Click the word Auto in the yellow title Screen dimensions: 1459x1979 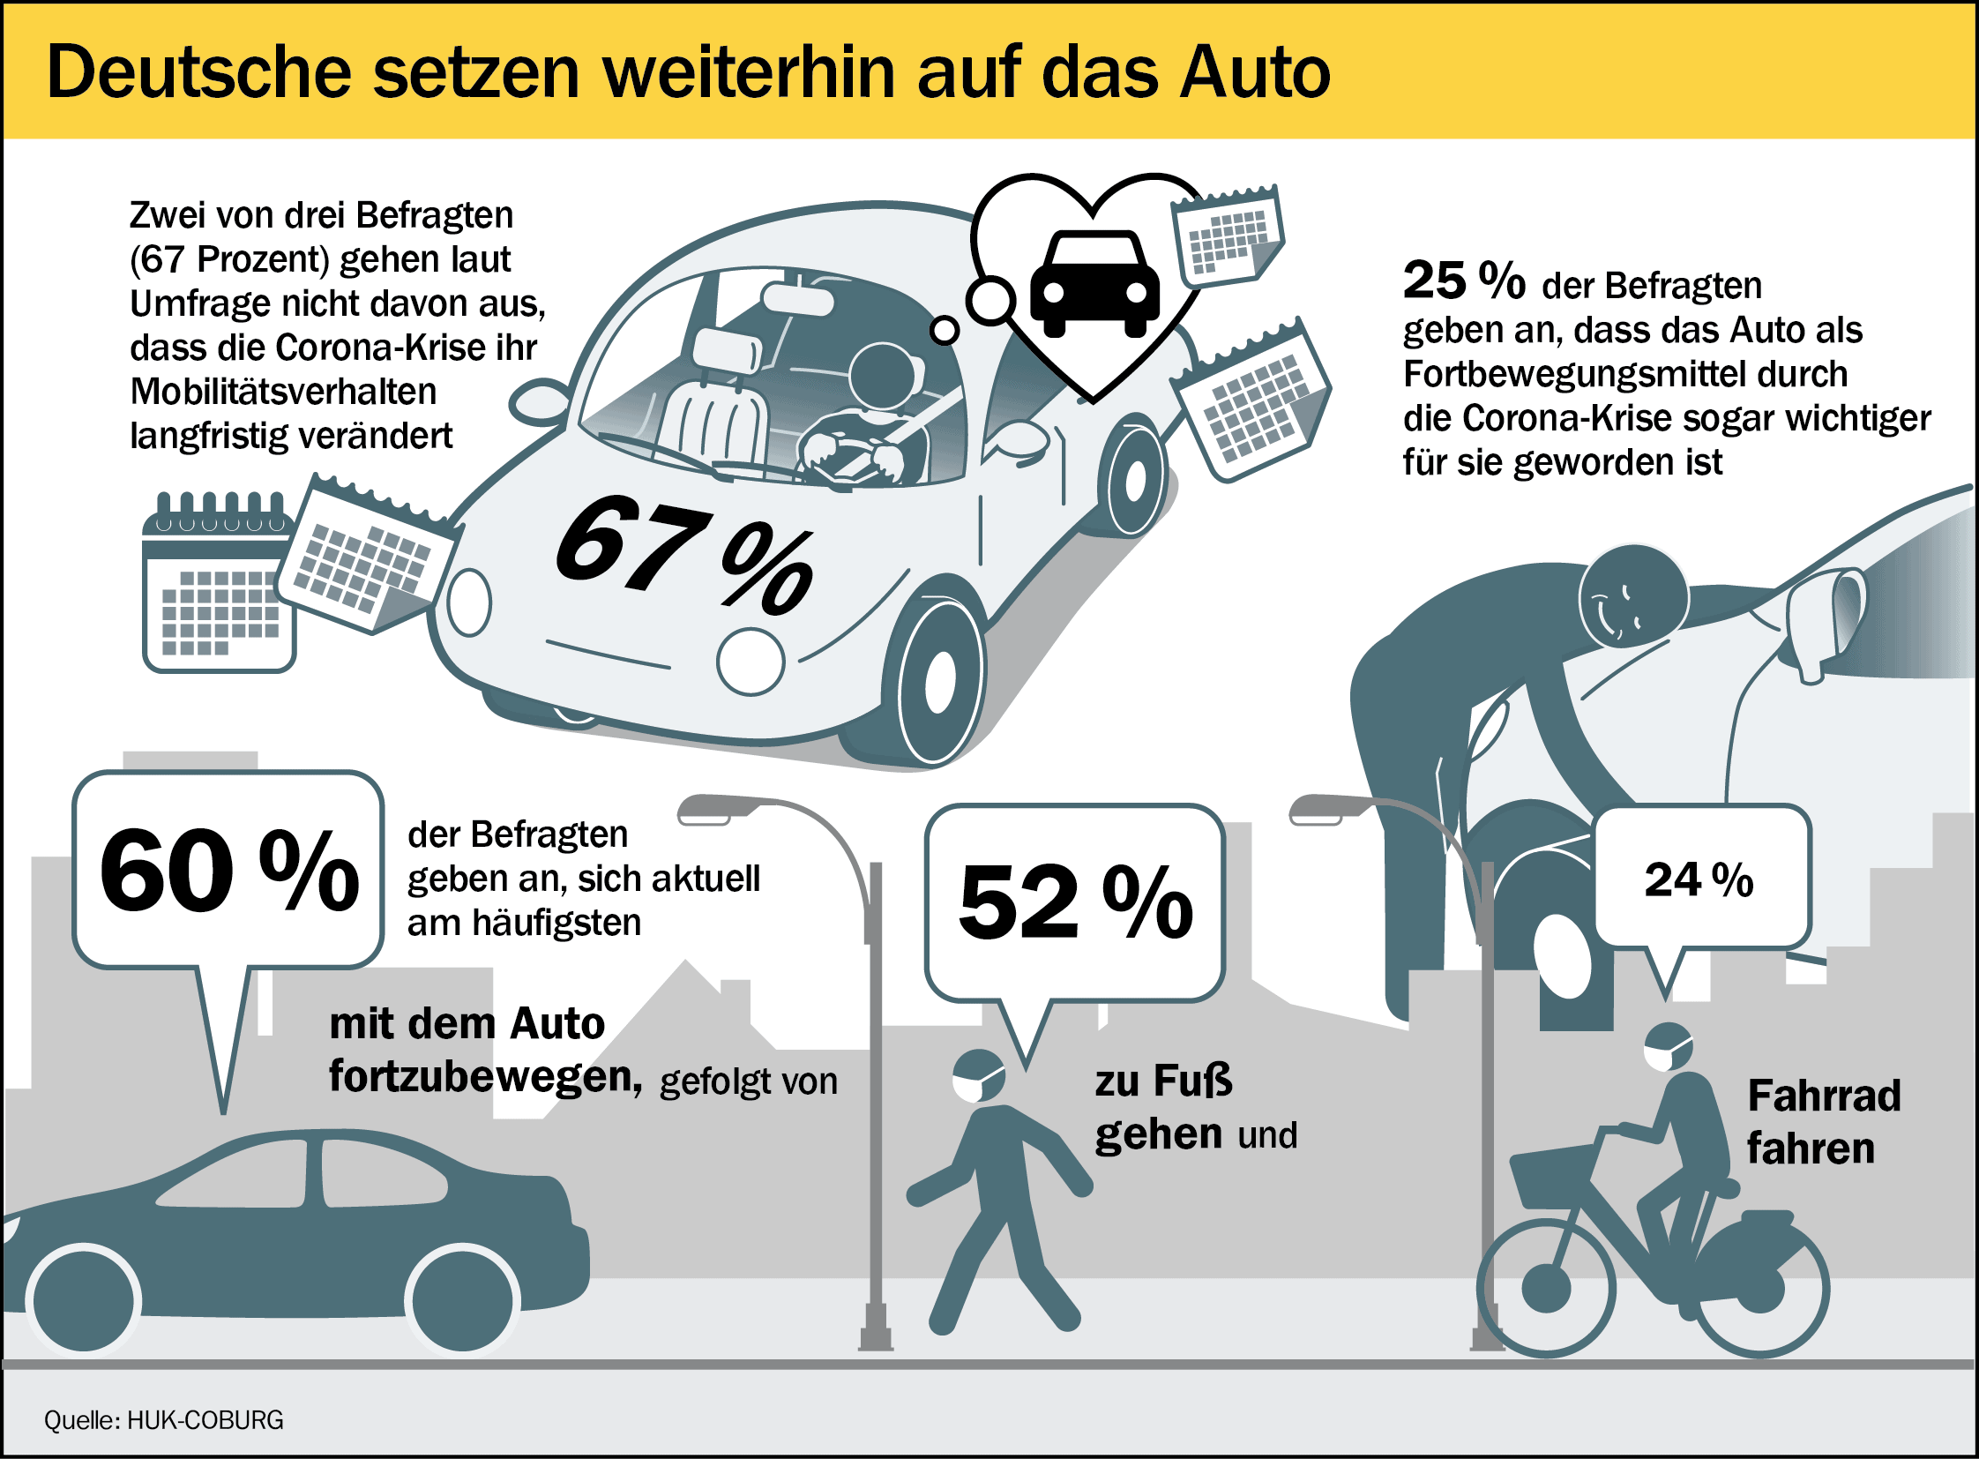click(x=1255, y=72)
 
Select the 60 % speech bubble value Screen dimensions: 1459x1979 click(x=228, y=870)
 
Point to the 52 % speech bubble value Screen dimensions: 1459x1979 click(x=1075, y=902)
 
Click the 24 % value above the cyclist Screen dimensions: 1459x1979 click(x=1699, y=879)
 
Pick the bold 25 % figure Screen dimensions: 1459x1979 click(x=1463, y=281)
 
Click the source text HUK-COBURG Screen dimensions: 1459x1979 click(x=205, y=1420)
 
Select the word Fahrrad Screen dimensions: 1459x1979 click(x=1824, y=1096)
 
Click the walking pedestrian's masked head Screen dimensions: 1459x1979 click(x=979, y=1075)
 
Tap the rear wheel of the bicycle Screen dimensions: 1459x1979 click(x=1763, y=1290)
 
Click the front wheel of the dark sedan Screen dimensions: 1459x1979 click(x=85, y=1301)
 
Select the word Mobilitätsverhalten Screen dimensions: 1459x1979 click(x=283, y=392)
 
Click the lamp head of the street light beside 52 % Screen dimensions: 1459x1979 click(x=716, y=809)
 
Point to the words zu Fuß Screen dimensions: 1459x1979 click(x=1163, y=1081)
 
